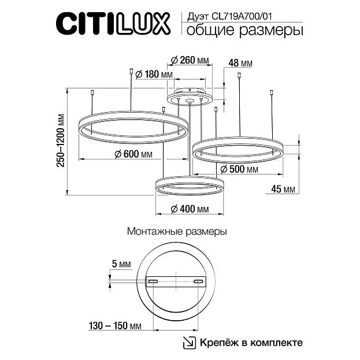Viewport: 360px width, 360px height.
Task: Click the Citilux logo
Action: click(113, 24)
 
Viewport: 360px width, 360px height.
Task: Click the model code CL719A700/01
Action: click(242, 16)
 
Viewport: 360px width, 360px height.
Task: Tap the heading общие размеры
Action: click(245, 31)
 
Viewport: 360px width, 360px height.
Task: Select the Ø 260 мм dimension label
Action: click(190, 60)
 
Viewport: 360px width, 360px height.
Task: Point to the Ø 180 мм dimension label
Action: click(154, 75)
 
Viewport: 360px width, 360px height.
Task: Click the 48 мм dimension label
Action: click(240, 63)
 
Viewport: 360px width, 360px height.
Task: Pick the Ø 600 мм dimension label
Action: click(133, 154)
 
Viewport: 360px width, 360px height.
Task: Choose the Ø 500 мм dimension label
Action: click(239, 169)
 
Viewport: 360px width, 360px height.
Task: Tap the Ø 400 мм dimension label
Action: click(190, 209)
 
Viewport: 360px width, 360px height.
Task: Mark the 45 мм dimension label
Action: click(283, 189)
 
